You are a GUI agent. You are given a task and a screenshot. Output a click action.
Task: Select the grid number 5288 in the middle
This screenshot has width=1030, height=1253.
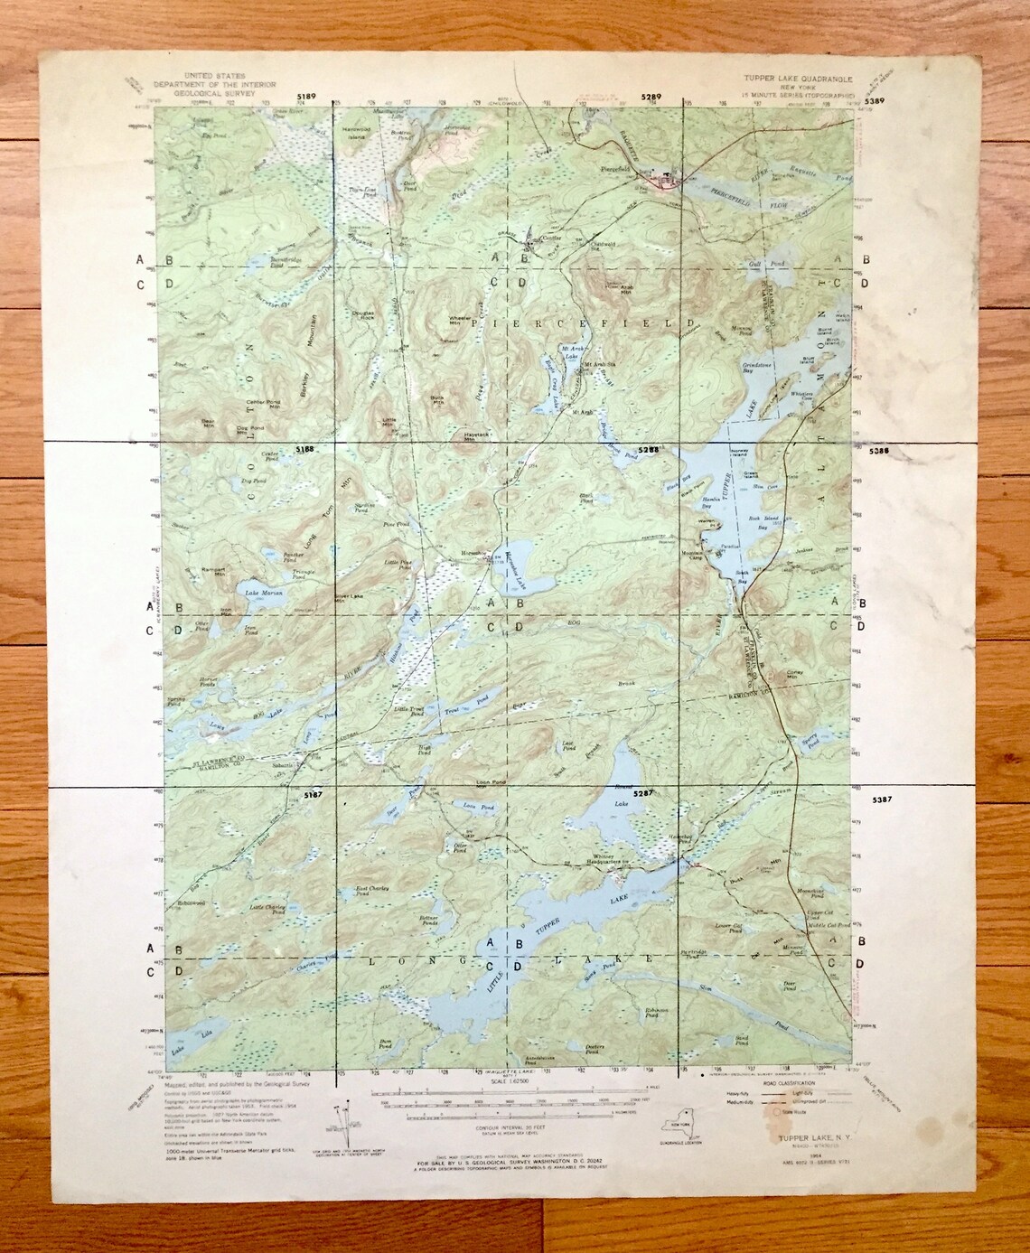[x=647, y=448]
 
